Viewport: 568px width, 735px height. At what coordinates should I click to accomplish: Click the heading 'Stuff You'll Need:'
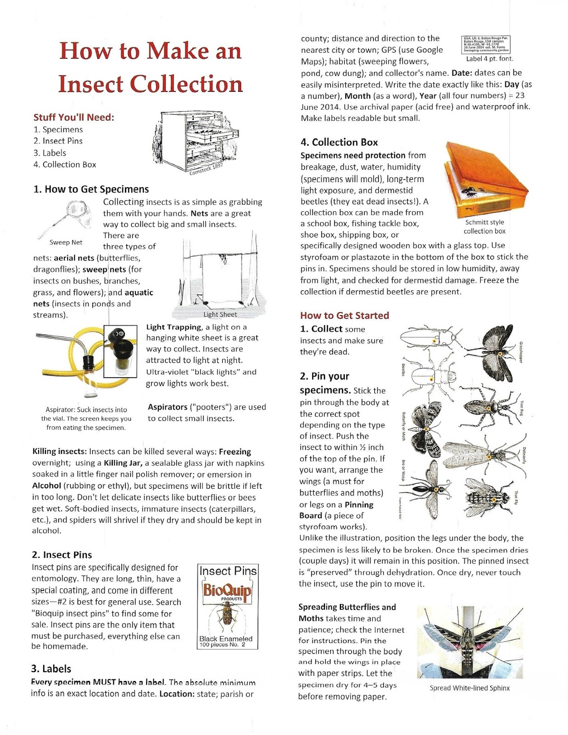[73, 117]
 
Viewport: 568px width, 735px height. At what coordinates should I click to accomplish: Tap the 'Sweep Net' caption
[66, 242]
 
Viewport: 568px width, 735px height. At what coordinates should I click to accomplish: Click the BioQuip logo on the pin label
[227, 590]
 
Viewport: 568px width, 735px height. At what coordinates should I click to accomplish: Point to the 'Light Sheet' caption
[220, 315]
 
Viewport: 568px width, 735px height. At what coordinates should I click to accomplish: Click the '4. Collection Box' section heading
[339, 142]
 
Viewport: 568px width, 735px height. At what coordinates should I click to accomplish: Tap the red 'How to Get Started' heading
[344, 316]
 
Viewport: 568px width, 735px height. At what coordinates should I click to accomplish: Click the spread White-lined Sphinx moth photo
[469, 642]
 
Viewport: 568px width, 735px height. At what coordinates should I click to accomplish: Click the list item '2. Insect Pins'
[58, 141]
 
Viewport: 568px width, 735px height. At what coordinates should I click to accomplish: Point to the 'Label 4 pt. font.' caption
[489, 59]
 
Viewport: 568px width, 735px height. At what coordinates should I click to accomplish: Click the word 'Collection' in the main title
[186, 84]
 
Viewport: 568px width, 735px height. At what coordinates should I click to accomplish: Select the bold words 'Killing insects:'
[59, 452]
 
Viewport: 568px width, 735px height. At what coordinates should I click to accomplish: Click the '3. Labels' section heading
[51, 669]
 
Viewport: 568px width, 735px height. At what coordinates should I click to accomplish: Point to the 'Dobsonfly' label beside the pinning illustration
[524, 455]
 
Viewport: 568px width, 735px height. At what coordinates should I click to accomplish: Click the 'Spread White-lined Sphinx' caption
[469, 688]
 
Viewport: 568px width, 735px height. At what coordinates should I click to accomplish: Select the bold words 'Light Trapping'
[174, 327]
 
